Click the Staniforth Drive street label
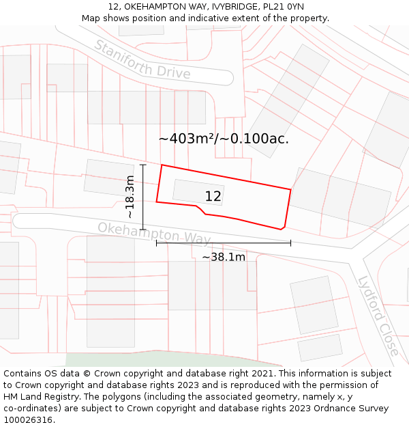pyautogui.click(x=142, y=59)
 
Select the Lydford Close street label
pyautogui.click(x=378, y=315)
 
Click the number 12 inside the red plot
pyautogui.click(x=213, y=197)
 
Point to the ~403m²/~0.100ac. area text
pyautogui.click(x=224, y=139)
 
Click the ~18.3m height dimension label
pyautogui.click(x=130, y=197)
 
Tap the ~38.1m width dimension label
pyautogui.click(x=223, y=257)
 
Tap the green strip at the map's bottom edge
pyautogui.click(x=170, y=359)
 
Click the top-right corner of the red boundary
pyautogui.click(x=291, y=189)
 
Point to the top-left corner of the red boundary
pyautogui.click(x=162, y=165)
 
